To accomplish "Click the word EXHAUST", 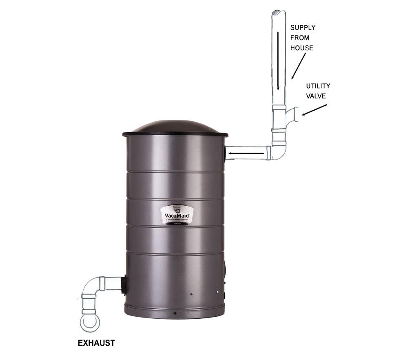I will pos(96,343).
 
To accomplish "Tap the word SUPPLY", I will pos(302,28).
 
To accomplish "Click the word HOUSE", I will pos(302,48).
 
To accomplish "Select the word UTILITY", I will pos(318,86).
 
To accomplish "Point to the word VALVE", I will pos(316,96).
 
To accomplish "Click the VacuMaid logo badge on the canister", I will pos(177,214).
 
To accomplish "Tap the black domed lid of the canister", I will pos(175,127).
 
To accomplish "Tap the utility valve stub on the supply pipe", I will pos(293,114).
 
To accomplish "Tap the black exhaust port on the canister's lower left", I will pos(124,284).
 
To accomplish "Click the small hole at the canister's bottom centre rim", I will pos(175,313).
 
